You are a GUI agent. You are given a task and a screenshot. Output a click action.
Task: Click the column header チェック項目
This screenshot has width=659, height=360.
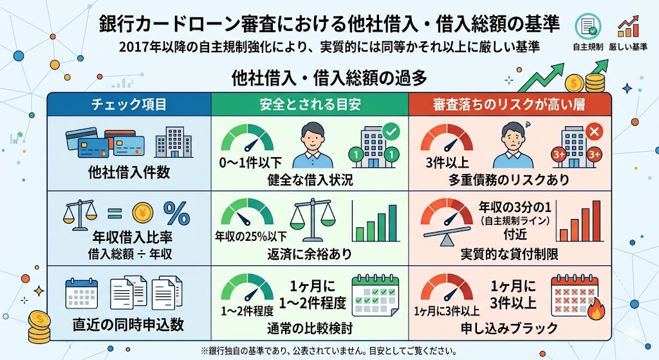pyautogui.click(x=129, y=104)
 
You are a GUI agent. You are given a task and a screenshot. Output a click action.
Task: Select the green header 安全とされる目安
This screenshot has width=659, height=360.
pyautogui.click(x=310, y=104)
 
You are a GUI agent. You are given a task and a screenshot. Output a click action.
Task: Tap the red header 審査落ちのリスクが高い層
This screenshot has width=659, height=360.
pyautogui.click(x=508, y=104)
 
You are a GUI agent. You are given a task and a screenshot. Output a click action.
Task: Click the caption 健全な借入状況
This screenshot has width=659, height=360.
pyautogui.click(x=310, y=180)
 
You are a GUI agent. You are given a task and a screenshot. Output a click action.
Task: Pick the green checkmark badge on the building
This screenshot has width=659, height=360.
pyautogui.click(x=390, y=133)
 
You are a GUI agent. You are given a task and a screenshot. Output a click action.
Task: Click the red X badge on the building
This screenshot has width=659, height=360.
pyautogui.click(x=595, y=133)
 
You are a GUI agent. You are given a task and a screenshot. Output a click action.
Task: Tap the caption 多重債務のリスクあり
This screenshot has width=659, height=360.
pyautogui.click(x=508, y=180)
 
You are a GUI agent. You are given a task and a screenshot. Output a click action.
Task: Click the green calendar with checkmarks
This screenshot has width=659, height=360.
pyautogui.click(x=375, y=296)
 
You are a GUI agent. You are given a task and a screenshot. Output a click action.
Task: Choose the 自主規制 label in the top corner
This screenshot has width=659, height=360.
pyautogui.click(x=588, y=46)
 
